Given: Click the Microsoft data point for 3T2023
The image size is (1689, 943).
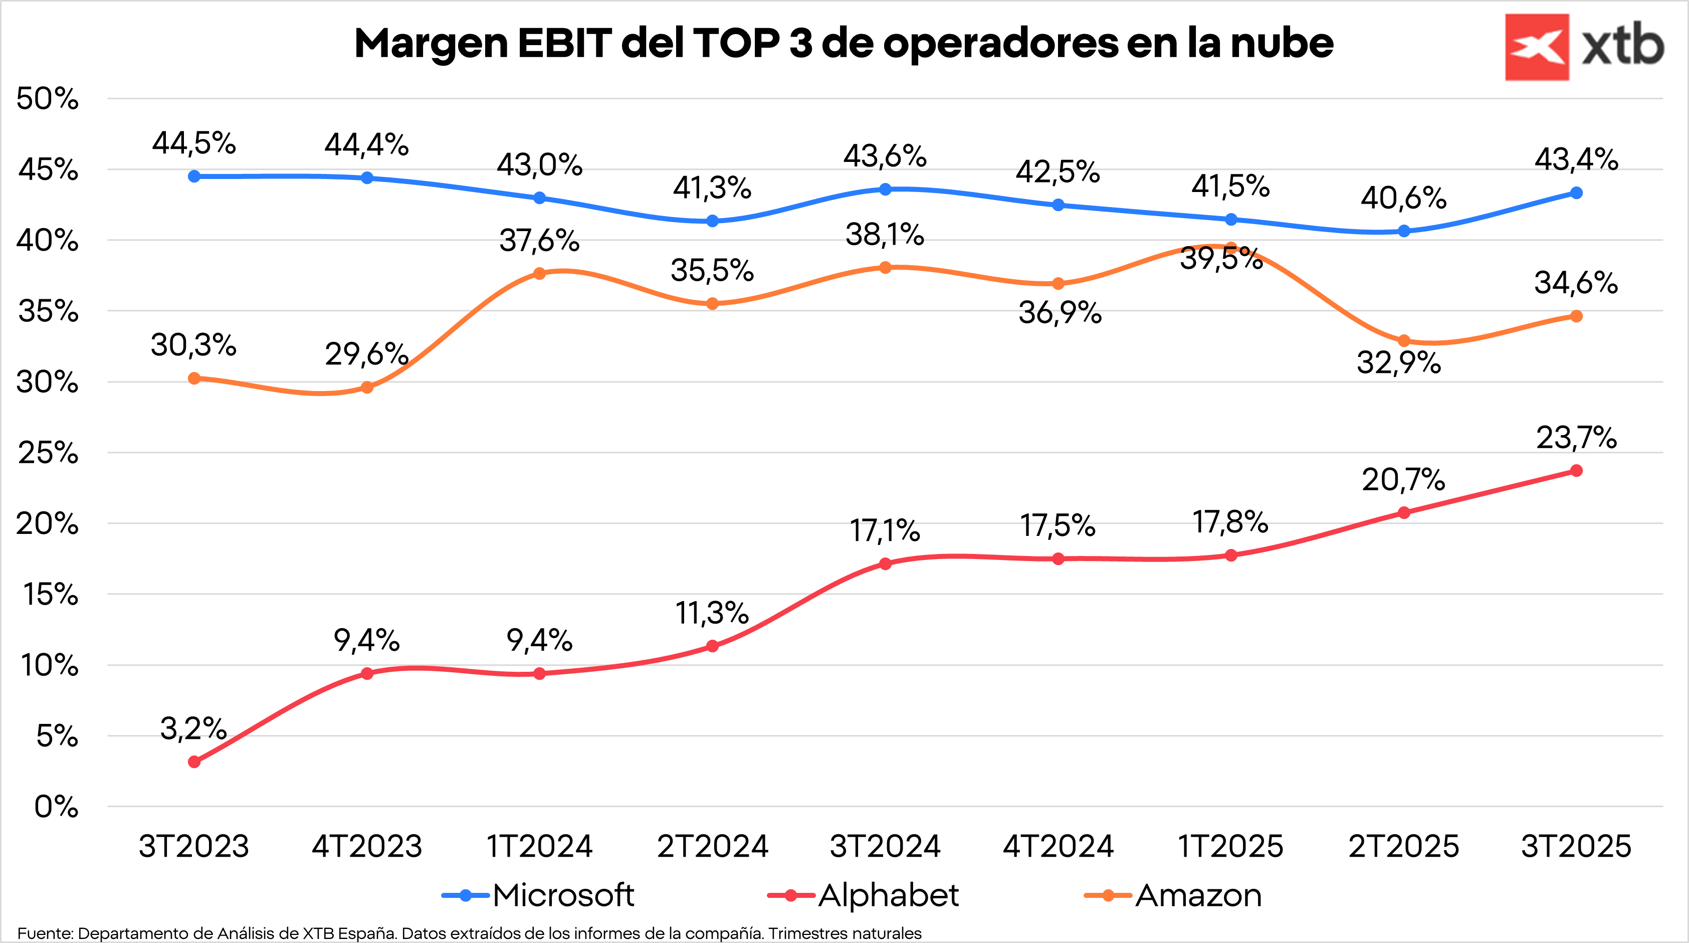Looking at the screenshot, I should [194, 176].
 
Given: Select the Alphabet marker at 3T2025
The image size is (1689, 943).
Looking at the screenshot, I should [1576, 471].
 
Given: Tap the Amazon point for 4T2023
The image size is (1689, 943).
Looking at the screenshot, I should [367, 388].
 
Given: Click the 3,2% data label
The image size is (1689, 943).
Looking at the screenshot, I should [193, 728].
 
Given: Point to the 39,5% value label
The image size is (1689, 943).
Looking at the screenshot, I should [1221, 258].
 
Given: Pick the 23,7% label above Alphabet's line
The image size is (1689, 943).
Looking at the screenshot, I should [1576, 437].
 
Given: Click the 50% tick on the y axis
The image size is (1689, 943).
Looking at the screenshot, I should [47, 99].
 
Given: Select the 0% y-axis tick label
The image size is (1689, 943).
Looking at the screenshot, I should [57, 807].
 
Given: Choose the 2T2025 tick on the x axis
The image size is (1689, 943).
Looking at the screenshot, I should [1403, 846].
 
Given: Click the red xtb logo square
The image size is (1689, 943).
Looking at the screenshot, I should [1536, 47].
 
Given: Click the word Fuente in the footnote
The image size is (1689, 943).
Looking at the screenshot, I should [45, 933].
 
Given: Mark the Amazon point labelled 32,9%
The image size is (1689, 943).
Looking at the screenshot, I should [1404, 341].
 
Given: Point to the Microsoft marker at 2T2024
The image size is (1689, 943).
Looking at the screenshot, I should [712, 221].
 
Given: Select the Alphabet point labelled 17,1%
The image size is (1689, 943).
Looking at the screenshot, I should [885, 564].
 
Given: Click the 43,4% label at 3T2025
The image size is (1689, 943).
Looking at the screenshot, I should [1576, 159].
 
